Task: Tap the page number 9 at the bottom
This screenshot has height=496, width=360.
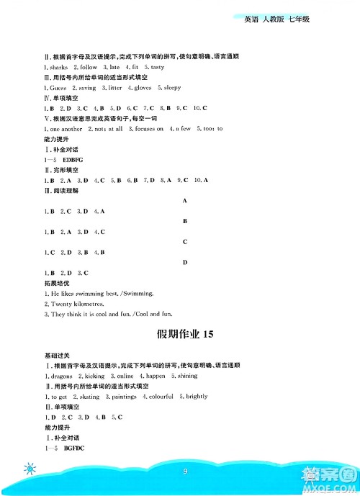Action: [186, 472]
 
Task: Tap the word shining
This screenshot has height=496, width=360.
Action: [186, 376]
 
